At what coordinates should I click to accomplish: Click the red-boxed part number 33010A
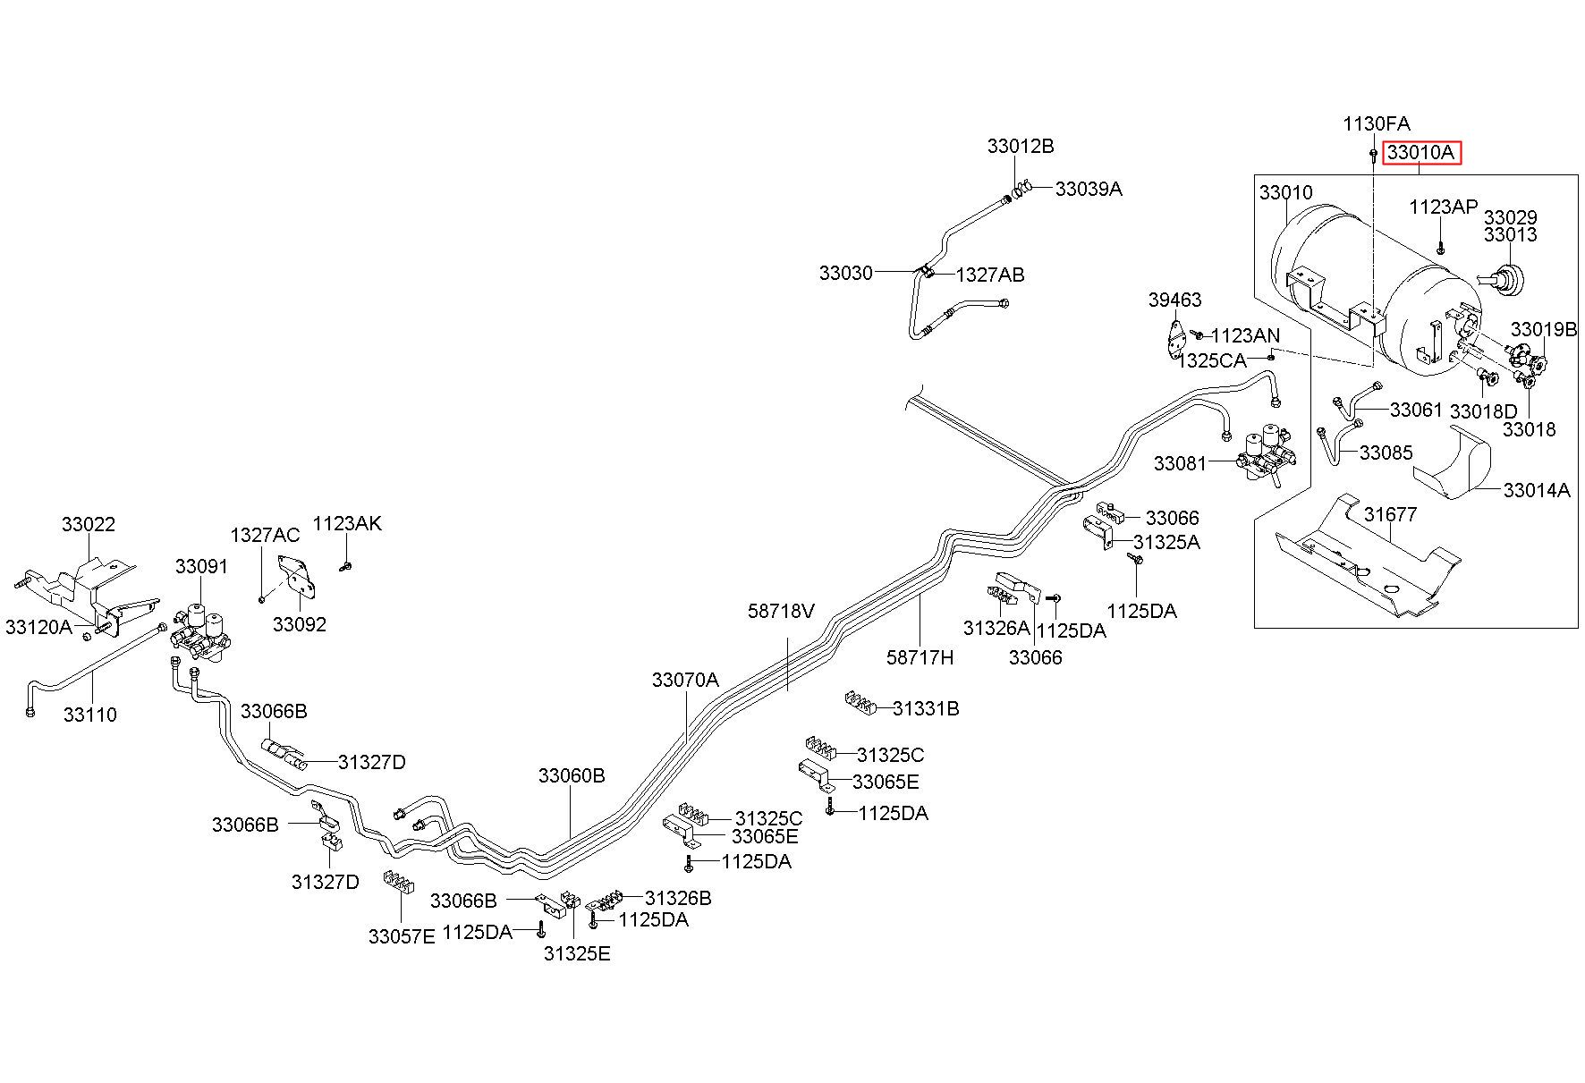1421,153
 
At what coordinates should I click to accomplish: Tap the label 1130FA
1376,123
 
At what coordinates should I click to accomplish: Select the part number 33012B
1021,146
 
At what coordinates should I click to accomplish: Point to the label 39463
1175,300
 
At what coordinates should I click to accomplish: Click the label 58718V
782,611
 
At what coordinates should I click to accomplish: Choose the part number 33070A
685,680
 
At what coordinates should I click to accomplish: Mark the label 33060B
572,775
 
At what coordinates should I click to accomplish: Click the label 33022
89,524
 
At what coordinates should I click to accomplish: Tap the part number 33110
89,715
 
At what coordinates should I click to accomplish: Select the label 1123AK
347,523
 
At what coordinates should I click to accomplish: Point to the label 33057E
402,936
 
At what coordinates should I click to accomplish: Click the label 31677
1391,515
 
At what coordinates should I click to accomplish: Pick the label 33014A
1537,490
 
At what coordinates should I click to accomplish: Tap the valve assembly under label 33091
205,631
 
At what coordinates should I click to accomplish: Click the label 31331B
926,708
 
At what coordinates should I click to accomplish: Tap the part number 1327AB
990,275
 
